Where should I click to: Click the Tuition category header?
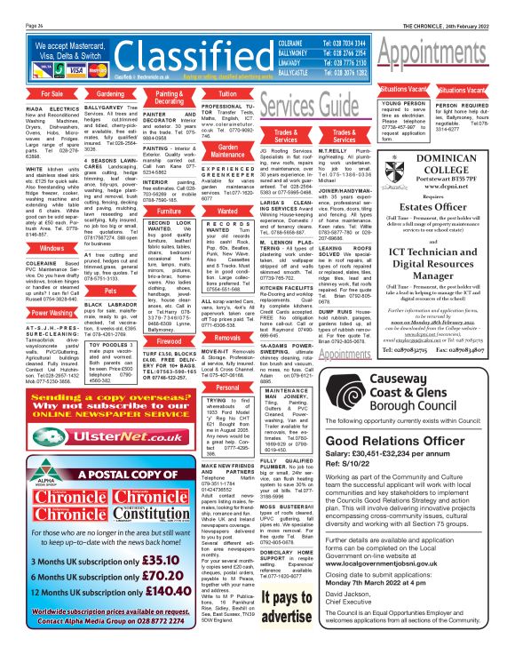227,93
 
